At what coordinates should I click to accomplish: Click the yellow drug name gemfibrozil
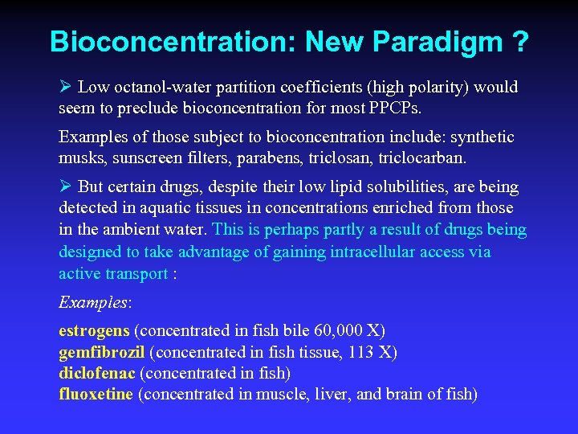tap(102, 352)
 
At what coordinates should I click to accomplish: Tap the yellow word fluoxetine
tap(96, 395)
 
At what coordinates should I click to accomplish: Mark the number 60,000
tap(347, 330)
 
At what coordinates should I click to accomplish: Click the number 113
tap(355, 352)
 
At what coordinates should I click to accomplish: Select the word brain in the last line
tap(407, 395)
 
